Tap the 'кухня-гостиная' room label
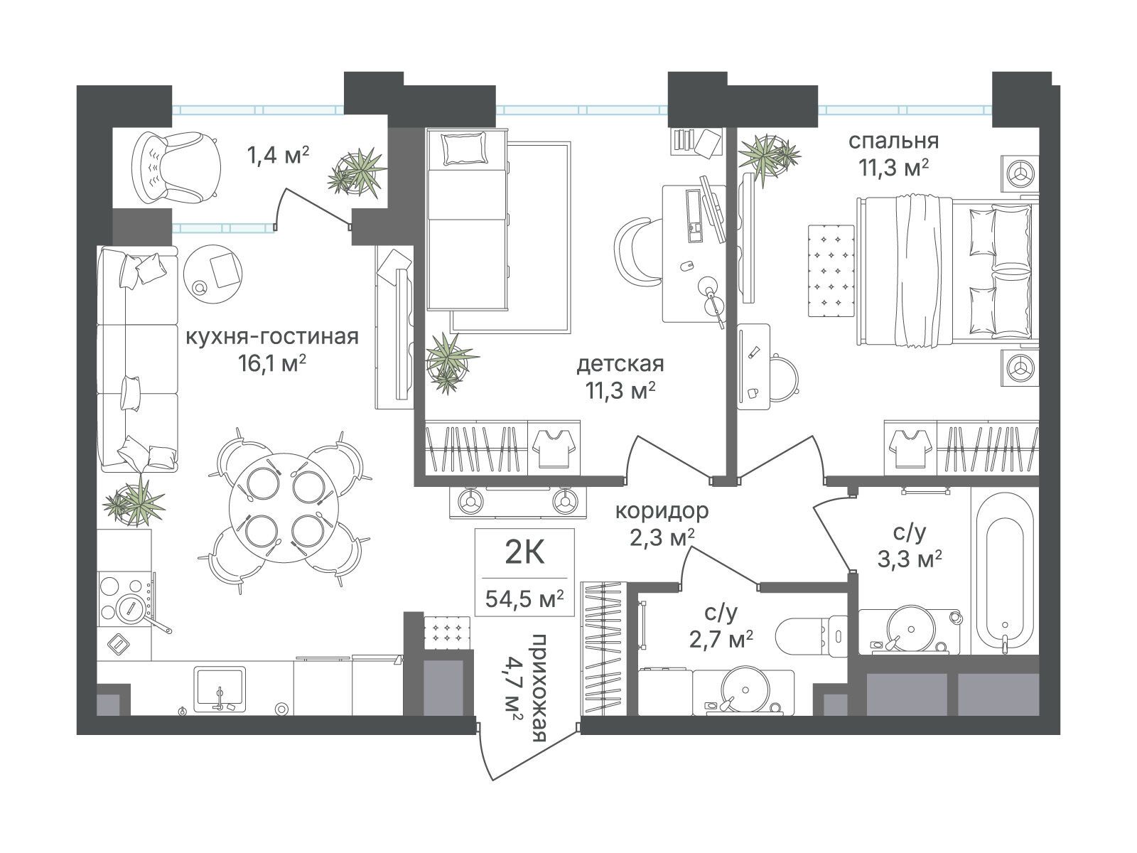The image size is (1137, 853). (x=272, y=337)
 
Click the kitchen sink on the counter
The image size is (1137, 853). (x=219, y=689)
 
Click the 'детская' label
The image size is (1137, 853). (x=620, y=364)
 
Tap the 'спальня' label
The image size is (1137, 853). (x=893, y=141)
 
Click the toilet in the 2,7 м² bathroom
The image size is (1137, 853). (x=812, y=635)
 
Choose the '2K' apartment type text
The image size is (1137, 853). (x=524, y=553)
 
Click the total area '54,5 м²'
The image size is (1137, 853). (x=524, y=599)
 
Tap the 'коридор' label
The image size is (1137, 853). (x=662, y=511)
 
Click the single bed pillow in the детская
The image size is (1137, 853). (x=465, y=148)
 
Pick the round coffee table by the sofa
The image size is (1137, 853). (x=212, y=274)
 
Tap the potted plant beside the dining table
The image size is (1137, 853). (x=135, y=501)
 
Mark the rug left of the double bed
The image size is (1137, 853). (x=831, y=270)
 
